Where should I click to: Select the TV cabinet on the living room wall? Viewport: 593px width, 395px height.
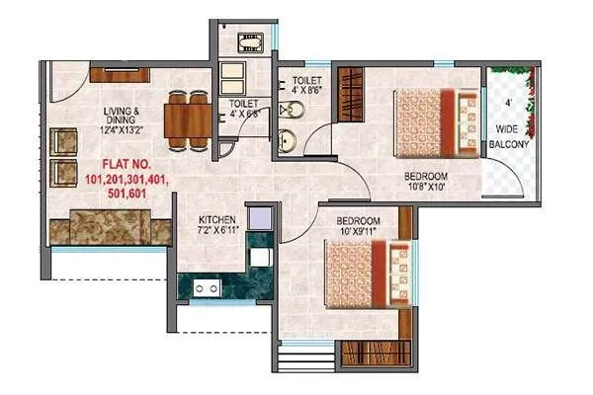coord(119,74)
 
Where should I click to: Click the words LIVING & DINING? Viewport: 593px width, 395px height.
coord(129,115)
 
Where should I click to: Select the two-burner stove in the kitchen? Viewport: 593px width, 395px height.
coord(205,289)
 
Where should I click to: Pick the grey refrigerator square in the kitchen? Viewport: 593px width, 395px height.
coord(260,217)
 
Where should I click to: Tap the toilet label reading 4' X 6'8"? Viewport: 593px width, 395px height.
coord(244,108)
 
